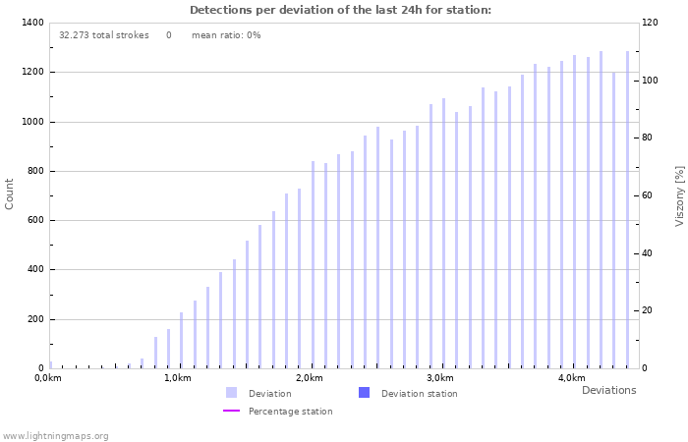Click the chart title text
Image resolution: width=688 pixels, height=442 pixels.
[340, 10]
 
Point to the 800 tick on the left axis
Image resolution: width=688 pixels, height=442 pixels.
[34, 171]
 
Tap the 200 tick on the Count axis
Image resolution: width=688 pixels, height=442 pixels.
[34, 319]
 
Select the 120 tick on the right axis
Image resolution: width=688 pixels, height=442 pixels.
[650, 23]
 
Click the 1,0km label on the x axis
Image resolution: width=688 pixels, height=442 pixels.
[177, 378]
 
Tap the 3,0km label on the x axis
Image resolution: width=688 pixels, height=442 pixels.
[440, 378]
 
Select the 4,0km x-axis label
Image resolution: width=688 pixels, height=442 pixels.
[571, 378]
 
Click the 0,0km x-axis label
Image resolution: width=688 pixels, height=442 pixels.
[48, 378]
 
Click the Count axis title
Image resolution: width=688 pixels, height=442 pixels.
[10, 193]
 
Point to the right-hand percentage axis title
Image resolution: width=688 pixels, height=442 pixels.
[679, 195]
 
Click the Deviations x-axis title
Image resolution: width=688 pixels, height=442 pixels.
[608, 390]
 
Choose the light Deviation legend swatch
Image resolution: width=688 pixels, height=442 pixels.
[231, 393]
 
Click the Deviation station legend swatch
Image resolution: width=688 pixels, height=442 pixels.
[364, 393]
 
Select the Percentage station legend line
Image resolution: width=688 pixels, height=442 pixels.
[231, 412]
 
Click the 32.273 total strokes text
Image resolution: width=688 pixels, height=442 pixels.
[103, 35]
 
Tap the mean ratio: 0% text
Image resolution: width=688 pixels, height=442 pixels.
[226, 35]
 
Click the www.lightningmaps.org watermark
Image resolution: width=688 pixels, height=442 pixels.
[55, 435]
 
